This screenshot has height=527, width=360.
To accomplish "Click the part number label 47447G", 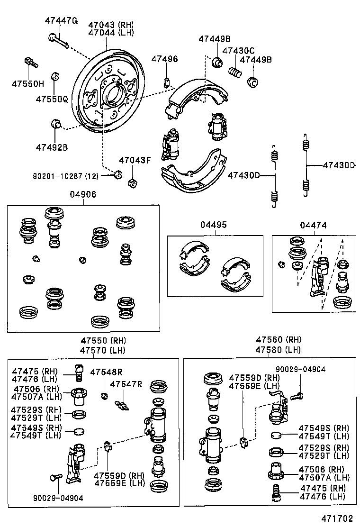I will click(x=61, y=20).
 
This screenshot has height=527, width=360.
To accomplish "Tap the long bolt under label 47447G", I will click(x=58, y=41).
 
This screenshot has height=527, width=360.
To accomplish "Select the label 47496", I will click(x=164, y=59).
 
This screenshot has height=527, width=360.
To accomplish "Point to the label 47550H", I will click(x=28, y=84).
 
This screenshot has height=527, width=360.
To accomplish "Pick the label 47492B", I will click(x=52, y=147).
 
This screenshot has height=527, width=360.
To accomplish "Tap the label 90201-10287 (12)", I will click(x=65, y=176).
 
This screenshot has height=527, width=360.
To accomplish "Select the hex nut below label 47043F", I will click(x=133, y=182).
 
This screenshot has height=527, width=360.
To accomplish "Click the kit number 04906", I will click(x=83, y=195).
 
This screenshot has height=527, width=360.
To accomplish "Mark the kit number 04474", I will click(x=313, y=225).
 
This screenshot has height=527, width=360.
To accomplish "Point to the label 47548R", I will click(x=107, y=372).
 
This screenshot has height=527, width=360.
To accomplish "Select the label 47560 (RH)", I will click(x=279, y=340).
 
